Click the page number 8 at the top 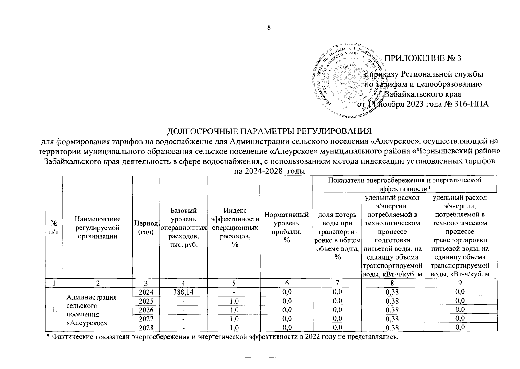point(269,28)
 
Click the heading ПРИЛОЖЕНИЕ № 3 point(423,58)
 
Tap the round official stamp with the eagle point(347,83)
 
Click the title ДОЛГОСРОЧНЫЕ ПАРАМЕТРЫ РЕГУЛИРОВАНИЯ point(269,131)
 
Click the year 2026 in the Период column point(146,309)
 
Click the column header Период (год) point(146,228)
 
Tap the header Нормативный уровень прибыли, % point(286,228)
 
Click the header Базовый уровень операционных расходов point(183,228)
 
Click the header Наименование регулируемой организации point(97,228)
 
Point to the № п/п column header point(54,228)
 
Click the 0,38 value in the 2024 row point(392,292)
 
